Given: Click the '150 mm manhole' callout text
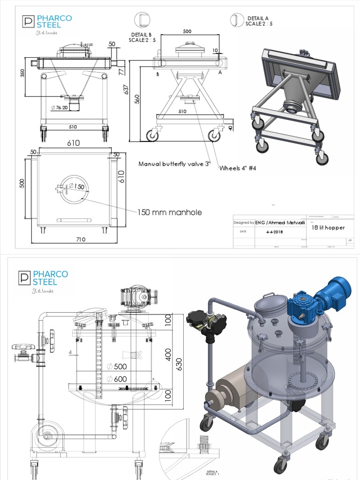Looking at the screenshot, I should point(170,212).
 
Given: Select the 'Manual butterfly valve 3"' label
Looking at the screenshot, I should point(175,164).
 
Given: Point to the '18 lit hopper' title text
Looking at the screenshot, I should point(328,228).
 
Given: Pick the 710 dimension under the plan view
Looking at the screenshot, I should point(80,240).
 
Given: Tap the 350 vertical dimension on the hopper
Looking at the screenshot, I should point(22,74).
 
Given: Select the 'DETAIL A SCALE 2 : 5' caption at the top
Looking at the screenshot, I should point(259,21).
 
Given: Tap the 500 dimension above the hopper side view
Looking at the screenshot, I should point(187,31).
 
